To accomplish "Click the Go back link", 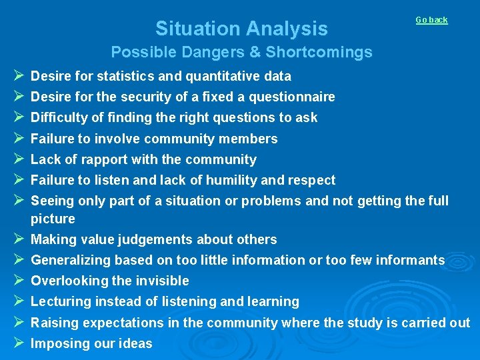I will tap(431, 20).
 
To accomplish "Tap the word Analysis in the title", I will tap(287, 29).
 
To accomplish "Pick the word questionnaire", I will tap(291, 97).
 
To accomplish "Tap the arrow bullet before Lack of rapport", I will tap(18, 159).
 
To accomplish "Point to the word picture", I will tap(53, 219).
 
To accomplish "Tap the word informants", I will tap(411, 260).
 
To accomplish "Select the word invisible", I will tap(161, 281).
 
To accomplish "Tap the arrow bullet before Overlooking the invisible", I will tap(18, 281).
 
